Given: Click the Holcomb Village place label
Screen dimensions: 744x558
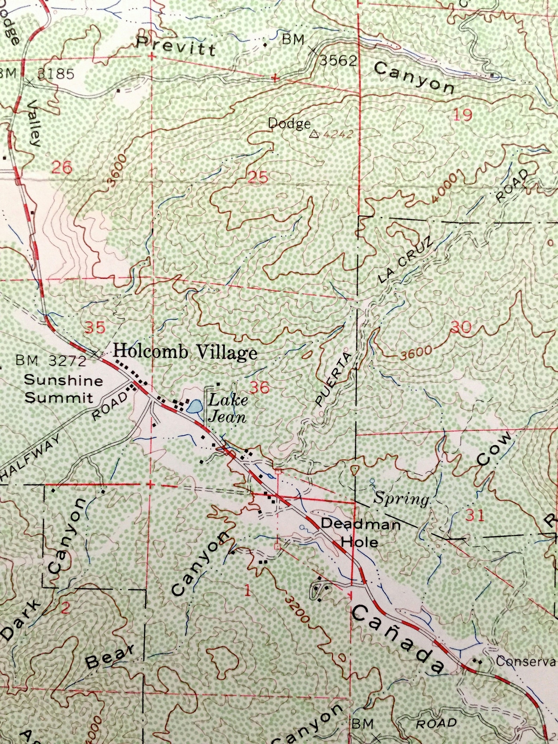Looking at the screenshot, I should (185, 352).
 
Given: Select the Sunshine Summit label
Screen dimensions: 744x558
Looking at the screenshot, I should (63, 389).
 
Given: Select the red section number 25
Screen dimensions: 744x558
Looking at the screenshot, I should (258, 177).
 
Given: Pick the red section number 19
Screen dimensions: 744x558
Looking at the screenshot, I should (462, 115).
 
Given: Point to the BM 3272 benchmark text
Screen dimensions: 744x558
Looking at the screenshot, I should (51, 361).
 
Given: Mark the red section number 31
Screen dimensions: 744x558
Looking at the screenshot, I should (475, 515).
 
